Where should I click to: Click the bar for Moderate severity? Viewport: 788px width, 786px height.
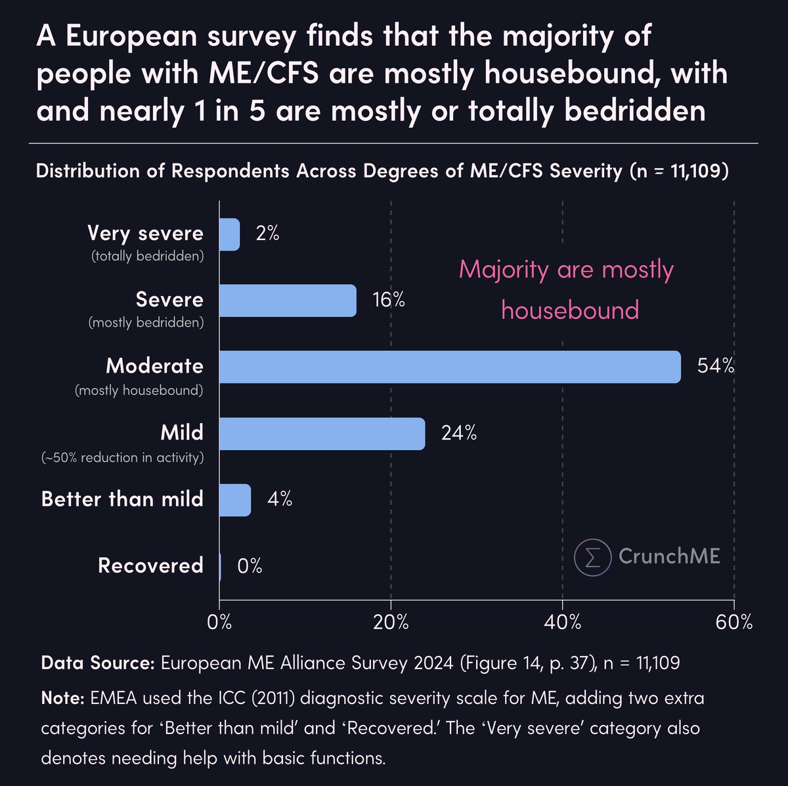point(449,367)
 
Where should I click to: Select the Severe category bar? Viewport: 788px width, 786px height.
point(287,300)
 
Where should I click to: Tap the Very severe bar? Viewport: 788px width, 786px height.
point(229,234)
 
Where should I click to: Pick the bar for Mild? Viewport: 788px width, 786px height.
point(322,433)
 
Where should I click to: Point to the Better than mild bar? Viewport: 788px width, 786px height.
point(234,500)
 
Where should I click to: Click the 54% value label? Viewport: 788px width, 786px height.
point(715,366)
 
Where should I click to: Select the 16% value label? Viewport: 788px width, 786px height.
point(388,300)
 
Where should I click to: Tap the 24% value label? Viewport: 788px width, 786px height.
point(458,433)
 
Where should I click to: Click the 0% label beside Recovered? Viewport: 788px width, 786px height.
point(250,566)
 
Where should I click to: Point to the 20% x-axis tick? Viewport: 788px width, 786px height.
point(391,622)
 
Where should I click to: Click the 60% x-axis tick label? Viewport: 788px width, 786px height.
point(734,622)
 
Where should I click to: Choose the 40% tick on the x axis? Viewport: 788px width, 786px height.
point(563,622)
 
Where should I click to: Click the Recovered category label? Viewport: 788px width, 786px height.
point(150,566)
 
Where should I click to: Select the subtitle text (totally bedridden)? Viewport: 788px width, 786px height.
point(146,256)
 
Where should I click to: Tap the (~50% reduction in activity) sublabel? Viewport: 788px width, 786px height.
point(122,457)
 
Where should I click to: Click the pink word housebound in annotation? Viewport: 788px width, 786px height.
point(570,310)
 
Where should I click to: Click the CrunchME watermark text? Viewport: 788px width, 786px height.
point(668,556)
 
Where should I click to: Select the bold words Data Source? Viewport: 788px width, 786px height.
point(97,663)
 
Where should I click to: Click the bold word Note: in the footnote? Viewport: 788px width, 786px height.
point(62,697)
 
